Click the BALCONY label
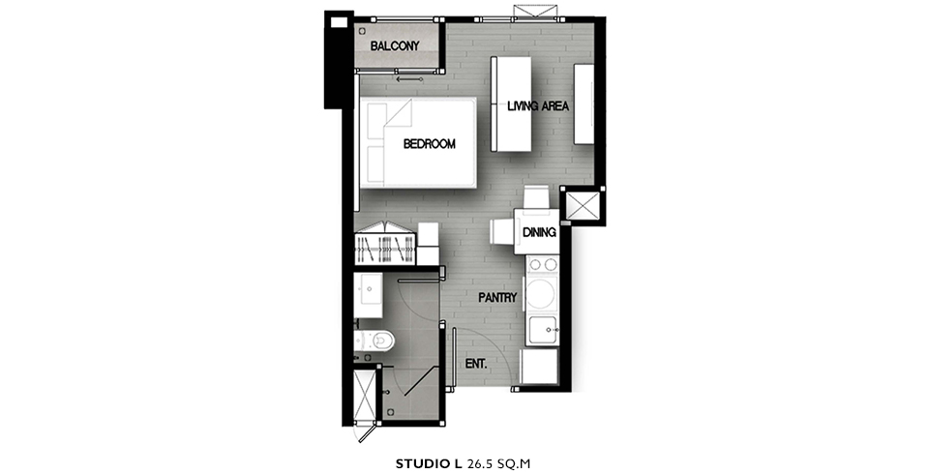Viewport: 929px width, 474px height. (395, 45)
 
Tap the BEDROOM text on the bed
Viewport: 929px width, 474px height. (429, 143)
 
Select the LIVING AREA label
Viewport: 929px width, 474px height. (538, 106)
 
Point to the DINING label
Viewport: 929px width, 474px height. (539, 232)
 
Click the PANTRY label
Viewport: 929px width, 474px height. (497, 298)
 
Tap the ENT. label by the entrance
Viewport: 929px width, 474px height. (476, 364)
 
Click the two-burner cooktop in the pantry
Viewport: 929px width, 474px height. (543, 264)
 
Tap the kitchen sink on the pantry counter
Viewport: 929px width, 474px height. (543, 330)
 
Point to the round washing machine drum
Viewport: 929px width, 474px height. (541, 294)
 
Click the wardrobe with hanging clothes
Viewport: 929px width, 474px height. (386, 246)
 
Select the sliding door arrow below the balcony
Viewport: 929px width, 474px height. (408, 79)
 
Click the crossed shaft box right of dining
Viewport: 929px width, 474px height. (583, 206)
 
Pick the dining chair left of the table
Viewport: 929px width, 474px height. (500, 231)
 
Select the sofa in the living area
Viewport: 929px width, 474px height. (511, 104)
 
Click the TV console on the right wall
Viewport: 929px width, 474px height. (584, 104)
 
